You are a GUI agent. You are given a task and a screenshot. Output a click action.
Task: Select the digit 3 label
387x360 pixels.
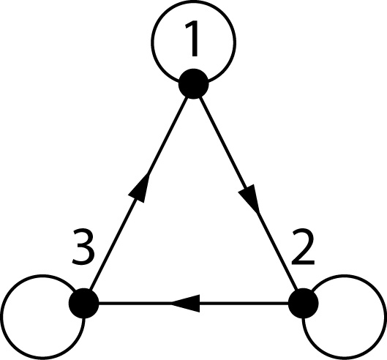pyautogui.click(x=86, y=251)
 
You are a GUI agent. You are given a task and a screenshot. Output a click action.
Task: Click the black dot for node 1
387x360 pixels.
pyautogui.click(x=194, y=83)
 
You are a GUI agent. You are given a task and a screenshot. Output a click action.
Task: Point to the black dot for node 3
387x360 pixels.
pyautogui.click(x=84, y=302)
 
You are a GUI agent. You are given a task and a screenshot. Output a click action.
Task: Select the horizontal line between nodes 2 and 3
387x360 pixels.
pyautogui.click(x=234, y=302)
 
